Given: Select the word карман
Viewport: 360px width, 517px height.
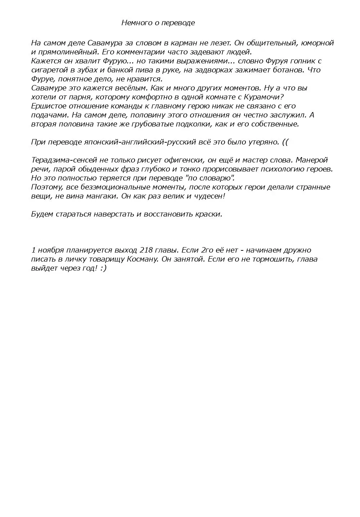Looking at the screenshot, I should tap(182, 43).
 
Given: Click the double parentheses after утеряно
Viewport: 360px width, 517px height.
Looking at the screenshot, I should tap(285, 142).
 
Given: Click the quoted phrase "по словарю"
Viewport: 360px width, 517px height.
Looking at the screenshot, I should tap(210, 178).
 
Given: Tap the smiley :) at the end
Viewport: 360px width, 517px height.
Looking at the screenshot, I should tap(103, 268).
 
